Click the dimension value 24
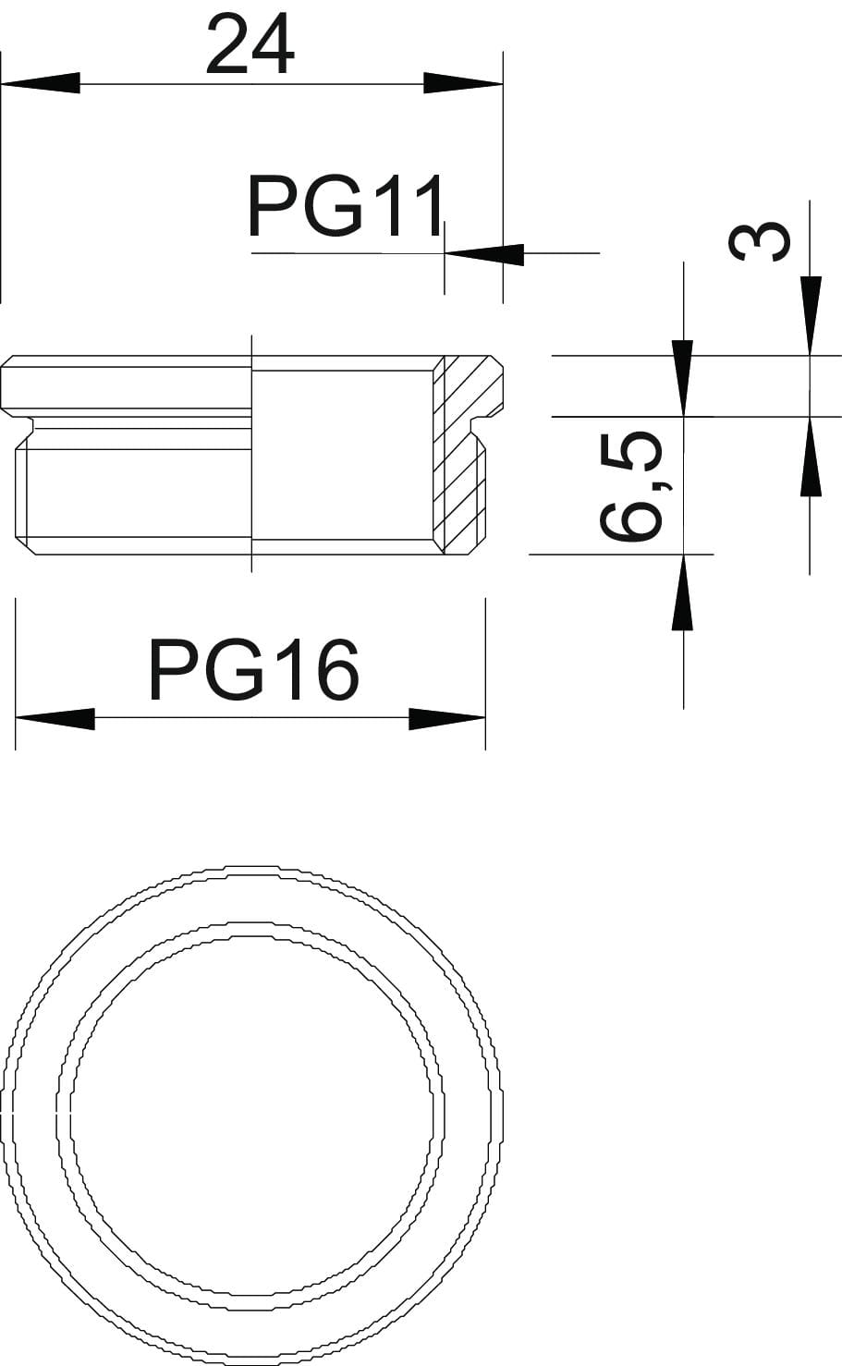click(x=250, y=45)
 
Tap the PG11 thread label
click(x=345, y=206)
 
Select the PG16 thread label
click(x=253, y=669)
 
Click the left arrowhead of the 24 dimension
click(x=41, y=83)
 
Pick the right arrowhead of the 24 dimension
click(x=463, y=83)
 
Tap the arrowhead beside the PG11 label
click(x=484, y=253)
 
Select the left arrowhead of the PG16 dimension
click(x=55, y=719)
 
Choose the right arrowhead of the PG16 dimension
click(x=447, y=719)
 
